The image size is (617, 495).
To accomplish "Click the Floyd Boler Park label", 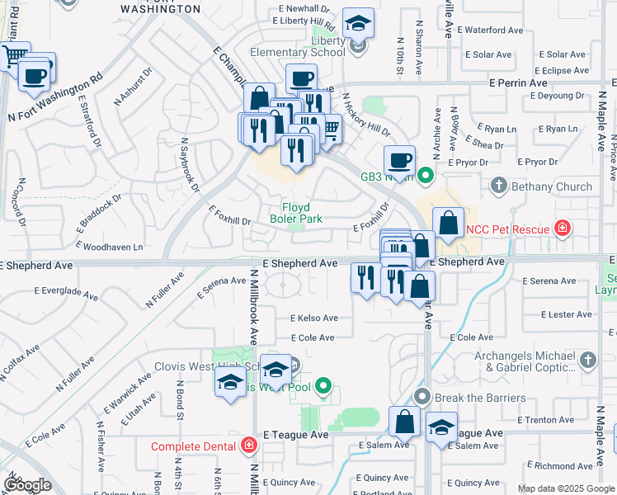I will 296,213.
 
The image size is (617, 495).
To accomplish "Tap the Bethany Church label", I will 552,186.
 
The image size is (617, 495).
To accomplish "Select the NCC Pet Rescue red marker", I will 563,228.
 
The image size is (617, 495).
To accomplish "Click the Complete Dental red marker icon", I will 249,446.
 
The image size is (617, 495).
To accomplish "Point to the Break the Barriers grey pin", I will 422,398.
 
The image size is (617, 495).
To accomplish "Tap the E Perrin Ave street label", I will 518,83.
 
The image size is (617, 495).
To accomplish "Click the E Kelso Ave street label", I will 313,318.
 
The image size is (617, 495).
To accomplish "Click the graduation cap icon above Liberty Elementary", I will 358,23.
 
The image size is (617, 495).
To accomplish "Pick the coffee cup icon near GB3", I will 400,159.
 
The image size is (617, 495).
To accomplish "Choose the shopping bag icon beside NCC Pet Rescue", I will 448,223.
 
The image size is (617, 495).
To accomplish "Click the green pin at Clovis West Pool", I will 323,385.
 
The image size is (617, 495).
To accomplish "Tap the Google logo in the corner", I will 27,485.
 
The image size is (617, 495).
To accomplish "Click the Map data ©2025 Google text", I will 565,488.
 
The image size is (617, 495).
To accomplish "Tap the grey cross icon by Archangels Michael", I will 587,360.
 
